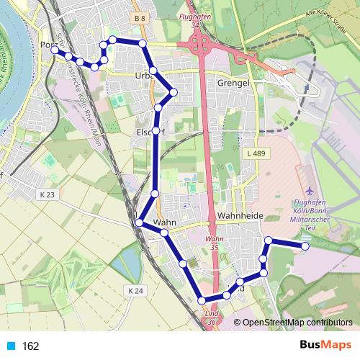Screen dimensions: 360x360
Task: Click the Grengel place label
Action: point(233,83)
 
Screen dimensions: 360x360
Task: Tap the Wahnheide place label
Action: point(242,215)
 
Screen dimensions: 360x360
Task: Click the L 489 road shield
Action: point(256,153)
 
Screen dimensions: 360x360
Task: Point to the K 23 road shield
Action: point(48,194)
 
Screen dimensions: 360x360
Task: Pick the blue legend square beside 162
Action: point(11,346)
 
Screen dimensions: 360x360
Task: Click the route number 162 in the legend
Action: point(31,346)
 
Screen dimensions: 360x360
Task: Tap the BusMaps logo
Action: point(325,346)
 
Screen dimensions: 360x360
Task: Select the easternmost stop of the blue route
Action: point(305,246)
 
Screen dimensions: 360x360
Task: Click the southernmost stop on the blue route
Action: point(202,300)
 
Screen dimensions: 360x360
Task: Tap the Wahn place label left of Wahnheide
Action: point(165,222)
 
